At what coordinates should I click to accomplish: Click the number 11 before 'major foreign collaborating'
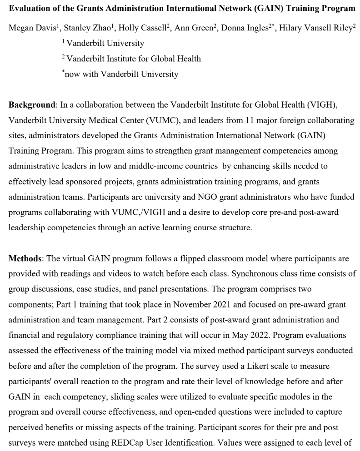(255, 120)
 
